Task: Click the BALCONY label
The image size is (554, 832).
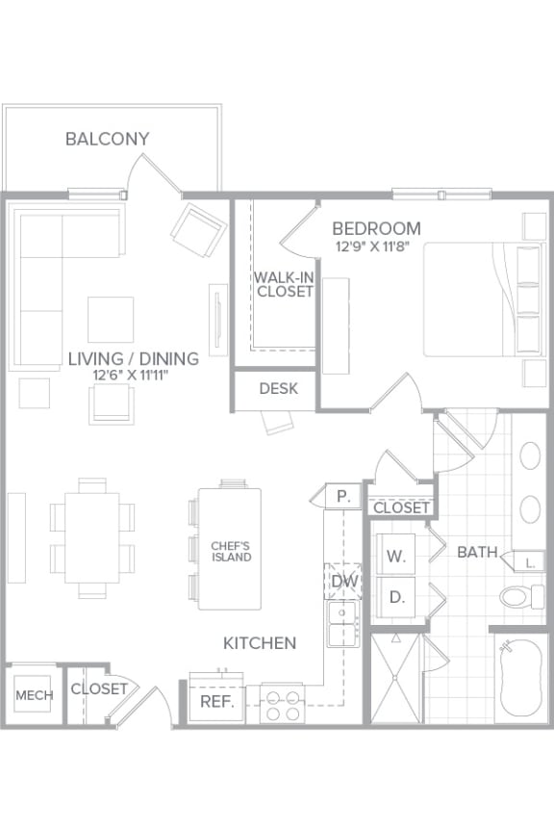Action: coord(107,139)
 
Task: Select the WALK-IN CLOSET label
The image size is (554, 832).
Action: coord(284,284)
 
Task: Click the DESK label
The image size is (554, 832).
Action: coord(278,389)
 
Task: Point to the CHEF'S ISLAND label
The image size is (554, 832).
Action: coord(231,551)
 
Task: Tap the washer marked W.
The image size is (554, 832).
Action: coord(396,556)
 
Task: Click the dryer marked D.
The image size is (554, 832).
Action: coord(396,597)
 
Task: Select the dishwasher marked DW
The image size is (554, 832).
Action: coord(342,581)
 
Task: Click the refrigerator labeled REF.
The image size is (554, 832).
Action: coord(217,701)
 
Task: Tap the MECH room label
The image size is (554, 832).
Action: coord(34,694)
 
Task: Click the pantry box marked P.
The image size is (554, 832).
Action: coord(342,497)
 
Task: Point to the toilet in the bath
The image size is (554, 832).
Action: coord(521,596)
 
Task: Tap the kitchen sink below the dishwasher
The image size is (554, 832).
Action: coord(342,625)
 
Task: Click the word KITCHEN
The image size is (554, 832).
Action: coord(260,642)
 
